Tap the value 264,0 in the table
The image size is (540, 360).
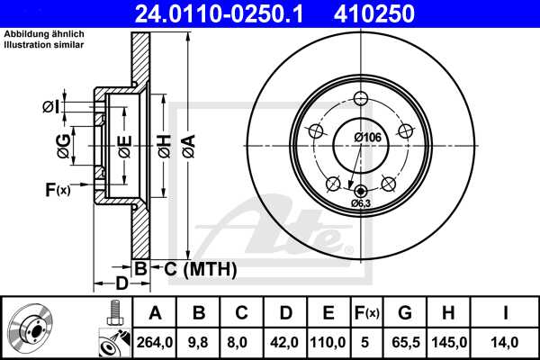pos(154,341)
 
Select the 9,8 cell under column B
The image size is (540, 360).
pos(200,341)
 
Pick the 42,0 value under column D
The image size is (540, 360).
pos(286,341)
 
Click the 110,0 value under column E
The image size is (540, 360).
pos(329,341)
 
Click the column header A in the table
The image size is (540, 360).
pos(154,313)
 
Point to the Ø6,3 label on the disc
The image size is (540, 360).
pos(361,203)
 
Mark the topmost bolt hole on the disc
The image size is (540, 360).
pos(361,99)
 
